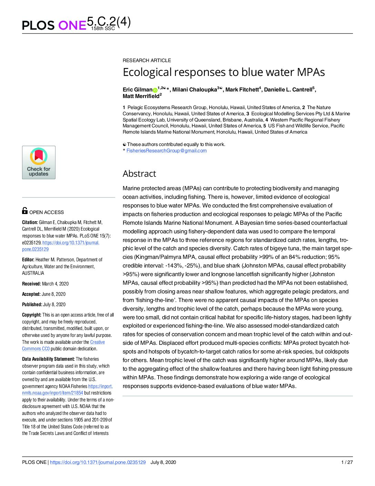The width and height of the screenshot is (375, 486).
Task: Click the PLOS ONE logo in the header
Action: coord(54,25)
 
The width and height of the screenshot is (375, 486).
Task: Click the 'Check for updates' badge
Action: coord(39,162)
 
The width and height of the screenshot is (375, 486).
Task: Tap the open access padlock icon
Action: coord(25,211)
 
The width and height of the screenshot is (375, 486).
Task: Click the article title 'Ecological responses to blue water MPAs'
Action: coord(224,72)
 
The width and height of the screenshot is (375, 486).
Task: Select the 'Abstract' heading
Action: coord(139,174)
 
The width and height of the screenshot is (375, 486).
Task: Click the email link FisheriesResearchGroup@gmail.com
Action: coord(166,150)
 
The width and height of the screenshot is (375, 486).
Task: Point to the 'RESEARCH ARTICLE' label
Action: coord(147,60)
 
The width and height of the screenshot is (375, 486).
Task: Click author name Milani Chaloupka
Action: coord(194,90)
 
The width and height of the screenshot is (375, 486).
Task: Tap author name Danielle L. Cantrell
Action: coord(288,90)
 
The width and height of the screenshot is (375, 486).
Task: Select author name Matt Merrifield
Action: coord(141,96)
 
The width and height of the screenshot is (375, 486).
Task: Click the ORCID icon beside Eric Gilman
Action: coord(155,90)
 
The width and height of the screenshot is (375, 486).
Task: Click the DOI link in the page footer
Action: coord(98,462)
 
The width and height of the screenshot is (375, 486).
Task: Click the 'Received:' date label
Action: coord(31,284)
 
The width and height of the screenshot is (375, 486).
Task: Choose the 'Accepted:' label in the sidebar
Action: coord(31,294)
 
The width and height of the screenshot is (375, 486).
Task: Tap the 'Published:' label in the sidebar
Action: coord(32,304)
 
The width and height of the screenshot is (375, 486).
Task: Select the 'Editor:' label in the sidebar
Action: coord(28,260)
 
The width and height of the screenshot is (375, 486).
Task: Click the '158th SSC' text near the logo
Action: coord(103,29)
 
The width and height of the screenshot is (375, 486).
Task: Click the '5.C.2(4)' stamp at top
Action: coord(109,22)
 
